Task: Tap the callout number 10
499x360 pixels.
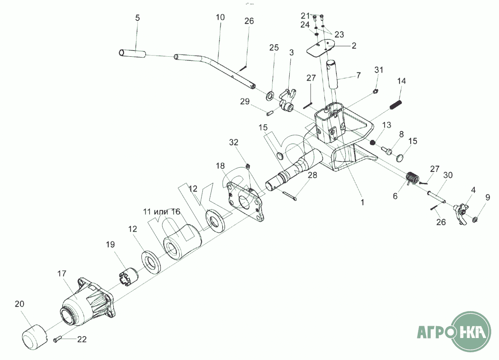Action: (x=220, y=17)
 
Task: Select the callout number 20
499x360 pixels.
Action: (x=19, y=304)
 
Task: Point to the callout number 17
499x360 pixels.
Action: (x=62, y=274)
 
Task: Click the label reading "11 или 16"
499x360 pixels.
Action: (x=161, y=212)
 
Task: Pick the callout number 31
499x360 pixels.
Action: (x=379, y=70)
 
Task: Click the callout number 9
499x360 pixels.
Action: (x=487, y=198)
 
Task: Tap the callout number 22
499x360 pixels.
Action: (x=82, y=339)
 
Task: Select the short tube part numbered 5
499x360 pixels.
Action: (x=132, y=54)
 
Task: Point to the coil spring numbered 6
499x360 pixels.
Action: (x=412, y=178)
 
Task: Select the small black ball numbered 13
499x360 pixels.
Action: (x=373, y=143)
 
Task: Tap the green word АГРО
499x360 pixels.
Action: (x=433, y=332)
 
